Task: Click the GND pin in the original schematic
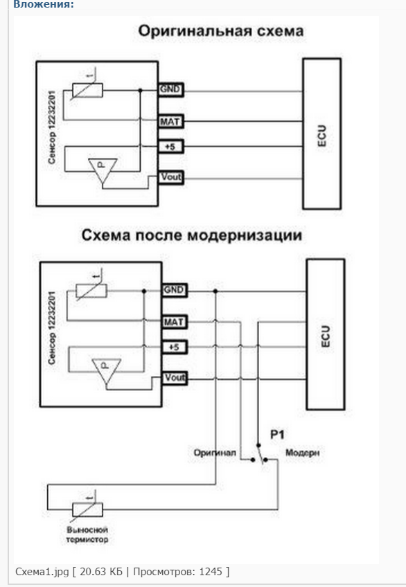[x=170, y=89]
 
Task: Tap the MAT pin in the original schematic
[x=170, y=122]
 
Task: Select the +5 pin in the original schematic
[x=170, y=146]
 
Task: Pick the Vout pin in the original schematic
[x=171, y=177]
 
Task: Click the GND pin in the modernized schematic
[x=174, y=290]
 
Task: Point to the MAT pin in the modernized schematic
[x=174, y=322]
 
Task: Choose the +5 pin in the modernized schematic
[x=174, y=347]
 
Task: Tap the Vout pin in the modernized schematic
[x=175, y=378]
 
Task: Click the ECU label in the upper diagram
[x=321, y=136]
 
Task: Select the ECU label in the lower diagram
[x=326, y=336]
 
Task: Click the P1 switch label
[x=277, y=435]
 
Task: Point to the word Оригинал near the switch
[x=215, y=453]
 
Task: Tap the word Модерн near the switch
[x=303, y=453]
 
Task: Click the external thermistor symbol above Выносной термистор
[x=87, y=509]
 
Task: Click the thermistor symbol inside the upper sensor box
[x=87, y=89]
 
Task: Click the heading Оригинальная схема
[x=220, y=30]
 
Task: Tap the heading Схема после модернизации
[x=192, y=235]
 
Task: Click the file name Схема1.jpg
[x=42, y=572]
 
